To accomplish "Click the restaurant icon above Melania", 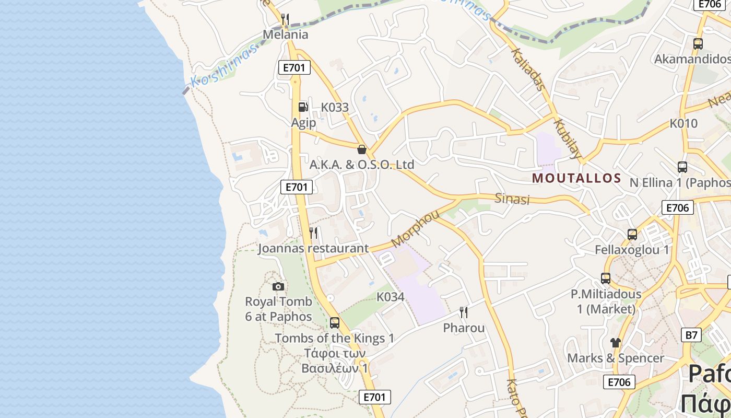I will pyautogui.click(x=285, y=20).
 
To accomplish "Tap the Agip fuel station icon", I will pyautogui.click(x=303, y=107).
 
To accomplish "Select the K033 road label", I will pyautogui.click(x=335, y=107).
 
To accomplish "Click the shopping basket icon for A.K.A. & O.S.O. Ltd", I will pyautogui.click(x=362, y=149).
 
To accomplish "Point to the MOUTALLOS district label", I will pyautogui.click(x=576, y=178).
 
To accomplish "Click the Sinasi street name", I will pyautogui.click(x=512, y=199).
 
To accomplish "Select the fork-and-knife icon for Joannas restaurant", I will pyautogui.click(x=313, y=233).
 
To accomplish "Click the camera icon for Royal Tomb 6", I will pyautogui.click(x=278, y=286).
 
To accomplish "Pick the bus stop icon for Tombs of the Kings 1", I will pyautogui.click(x=335, y=323).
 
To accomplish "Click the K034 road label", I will pyautogui.click(x=391, y=297).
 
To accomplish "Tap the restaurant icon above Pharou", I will pyautogui.click(x=464, y=312).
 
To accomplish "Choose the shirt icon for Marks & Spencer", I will pyautogui.click(x=616, y=343).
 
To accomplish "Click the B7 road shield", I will pyautogui.click(x=690, y=335).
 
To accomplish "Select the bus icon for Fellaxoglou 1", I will pyautogui.click(x=632, y=235).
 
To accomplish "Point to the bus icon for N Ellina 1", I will pyautogui.click(x=682, y=167).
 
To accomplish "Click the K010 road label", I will pyautogui.click(x=683, y=124).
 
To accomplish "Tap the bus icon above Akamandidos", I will pyautogui.click(x=698, y=44).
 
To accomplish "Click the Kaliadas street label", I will pyautogui.click(x=527, y=69).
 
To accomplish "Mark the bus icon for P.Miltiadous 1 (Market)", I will pyautogui.click(x=606, y=278).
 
